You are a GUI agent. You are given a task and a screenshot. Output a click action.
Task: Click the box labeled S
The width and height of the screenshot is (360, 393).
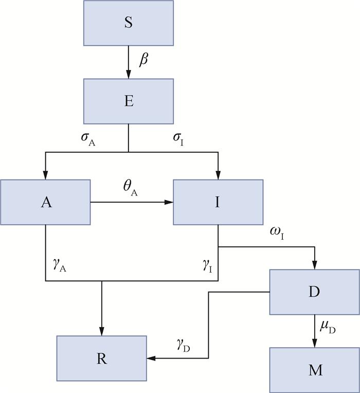pyautogui.click(x=129, y=23)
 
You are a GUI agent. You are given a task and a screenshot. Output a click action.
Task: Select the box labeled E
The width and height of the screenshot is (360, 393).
pyautogui.click(x=129, y=101)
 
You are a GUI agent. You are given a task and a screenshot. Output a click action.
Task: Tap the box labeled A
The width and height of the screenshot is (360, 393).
pyautogui.click(x=46, y=202)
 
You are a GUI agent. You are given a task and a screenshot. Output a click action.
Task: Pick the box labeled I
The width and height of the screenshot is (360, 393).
pyautogui.click(x=218, y=202)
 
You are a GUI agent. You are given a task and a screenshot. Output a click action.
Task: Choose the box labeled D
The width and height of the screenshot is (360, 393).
pyautogui.click(x=314, y=292)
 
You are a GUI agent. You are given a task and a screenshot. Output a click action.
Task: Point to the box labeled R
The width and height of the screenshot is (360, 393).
pyautogui.click(x=101, y=359)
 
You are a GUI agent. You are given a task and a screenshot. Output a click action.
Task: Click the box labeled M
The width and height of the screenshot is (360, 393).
pyautogui.click(x=314, y=370)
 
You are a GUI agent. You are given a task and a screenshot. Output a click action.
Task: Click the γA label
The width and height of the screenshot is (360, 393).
pyautogui.click(x=60, y=265)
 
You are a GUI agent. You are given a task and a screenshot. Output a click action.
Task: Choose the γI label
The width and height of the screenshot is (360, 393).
pyautogui.click(x=207, y=265)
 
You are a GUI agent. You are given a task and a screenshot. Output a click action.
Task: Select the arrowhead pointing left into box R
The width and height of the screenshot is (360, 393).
pyautogui.click(x=151, y=359)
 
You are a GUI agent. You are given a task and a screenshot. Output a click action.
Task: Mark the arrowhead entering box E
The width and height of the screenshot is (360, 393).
pyautogui.click(x=129, y=75)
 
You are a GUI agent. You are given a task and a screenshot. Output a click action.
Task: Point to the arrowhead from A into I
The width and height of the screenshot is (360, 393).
pyautogui.click(x=169, y=202)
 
